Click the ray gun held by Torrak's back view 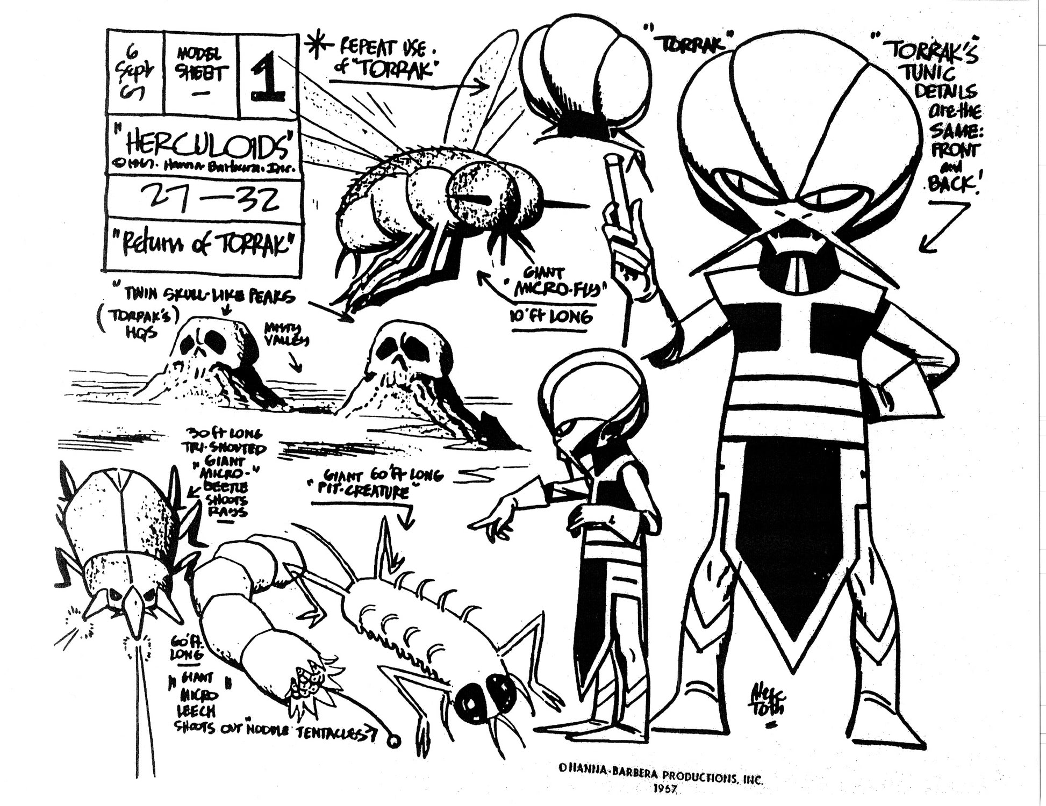tap(613, 178)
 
